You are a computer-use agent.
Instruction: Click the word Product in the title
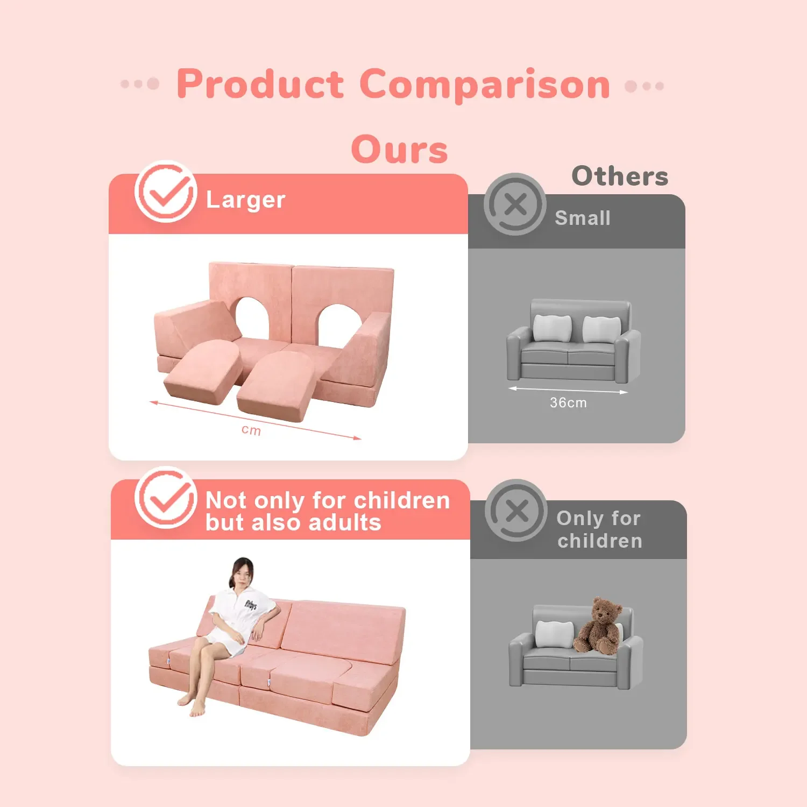point(260,84)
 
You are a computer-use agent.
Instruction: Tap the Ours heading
point(399,150)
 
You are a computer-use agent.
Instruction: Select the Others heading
point(620,176)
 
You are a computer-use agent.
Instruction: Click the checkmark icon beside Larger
point(166,192)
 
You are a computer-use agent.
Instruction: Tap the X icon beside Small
point(515,204)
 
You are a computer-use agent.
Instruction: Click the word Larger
point(245,200)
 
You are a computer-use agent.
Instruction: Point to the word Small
point(583,218)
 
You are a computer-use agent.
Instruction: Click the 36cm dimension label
point(568,402)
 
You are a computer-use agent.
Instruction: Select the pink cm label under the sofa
point(251,430)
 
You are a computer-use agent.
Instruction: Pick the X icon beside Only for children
point(516,510)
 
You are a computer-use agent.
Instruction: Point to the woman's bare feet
point(192,705)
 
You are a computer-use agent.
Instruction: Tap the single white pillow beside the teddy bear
point(554,634)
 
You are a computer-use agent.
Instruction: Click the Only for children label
point(599,529)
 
